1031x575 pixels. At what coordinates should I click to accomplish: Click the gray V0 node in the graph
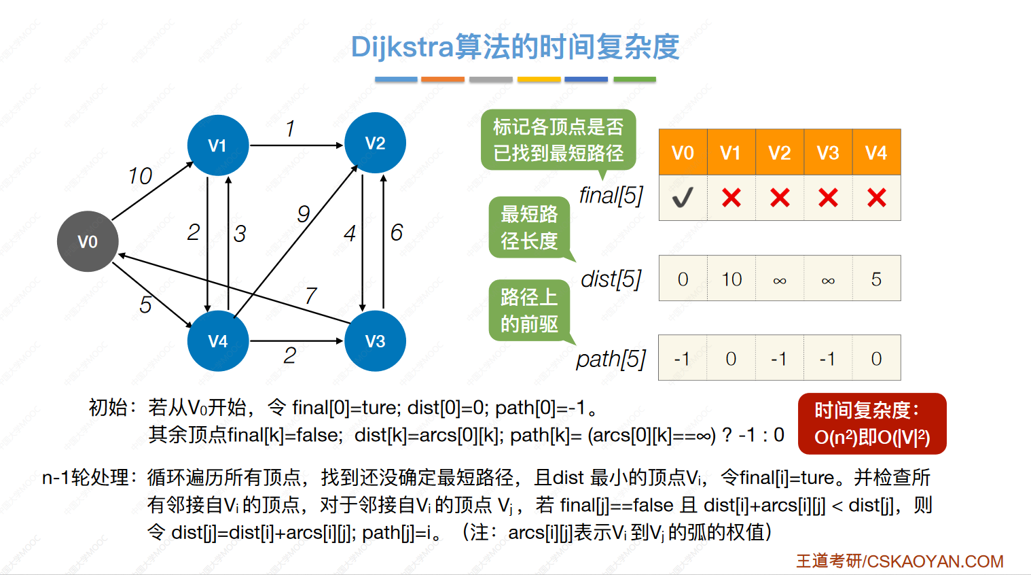88,241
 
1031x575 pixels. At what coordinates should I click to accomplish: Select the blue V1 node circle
217,145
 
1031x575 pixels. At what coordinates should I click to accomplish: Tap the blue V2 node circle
375,143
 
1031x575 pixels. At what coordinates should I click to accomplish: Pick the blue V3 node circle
375,341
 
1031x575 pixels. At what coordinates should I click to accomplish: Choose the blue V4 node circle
217,341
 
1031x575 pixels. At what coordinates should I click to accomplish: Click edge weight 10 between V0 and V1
140,176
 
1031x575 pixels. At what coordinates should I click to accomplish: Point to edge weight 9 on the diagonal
304,214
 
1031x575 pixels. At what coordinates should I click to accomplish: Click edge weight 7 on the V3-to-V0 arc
310,296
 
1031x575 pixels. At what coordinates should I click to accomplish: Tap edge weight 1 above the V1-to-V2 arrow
290,128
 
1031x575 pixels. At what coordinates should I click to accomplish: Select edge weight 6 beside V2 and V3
397,232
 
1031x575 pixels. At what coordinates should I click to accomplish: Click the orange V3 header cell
828,152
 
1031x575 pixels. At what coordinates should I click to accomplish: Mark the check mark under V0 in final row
683,198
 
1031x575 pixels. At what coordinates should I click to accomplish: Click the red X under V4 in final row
877,198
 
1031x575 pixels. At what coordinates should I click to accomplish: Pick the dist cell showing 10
731,279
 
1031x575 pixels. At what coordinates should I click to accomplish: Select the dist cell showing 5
876,279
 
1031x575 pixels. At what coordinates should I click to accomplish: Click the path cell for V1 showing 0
731,358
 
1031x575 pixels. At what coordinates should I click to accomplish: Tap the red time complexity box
871,423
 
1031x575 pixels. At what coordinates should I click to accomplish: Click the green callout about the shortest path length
529,228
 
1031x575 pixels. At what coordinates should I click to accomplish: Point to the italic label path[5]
611,359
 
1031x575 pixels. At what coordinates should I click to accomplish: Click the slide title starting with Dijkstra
515,47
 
